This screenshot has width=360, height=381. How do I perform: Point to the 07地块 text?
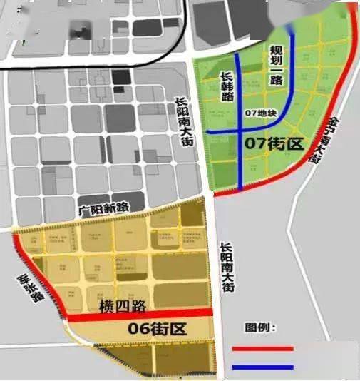pos(259,113)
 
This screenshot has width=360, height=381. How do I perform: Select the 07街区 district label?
pos(274,143)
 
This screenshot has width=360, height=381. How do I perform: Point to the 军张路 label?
pos(28,290)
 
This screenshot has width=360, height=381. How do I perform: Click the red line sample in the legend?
pos(262,349)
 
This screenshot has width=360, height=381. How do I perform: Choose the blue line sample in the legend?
pos(262,367)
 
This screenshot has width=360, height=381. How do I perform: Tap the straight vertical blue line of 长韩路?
pos(240,157)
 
